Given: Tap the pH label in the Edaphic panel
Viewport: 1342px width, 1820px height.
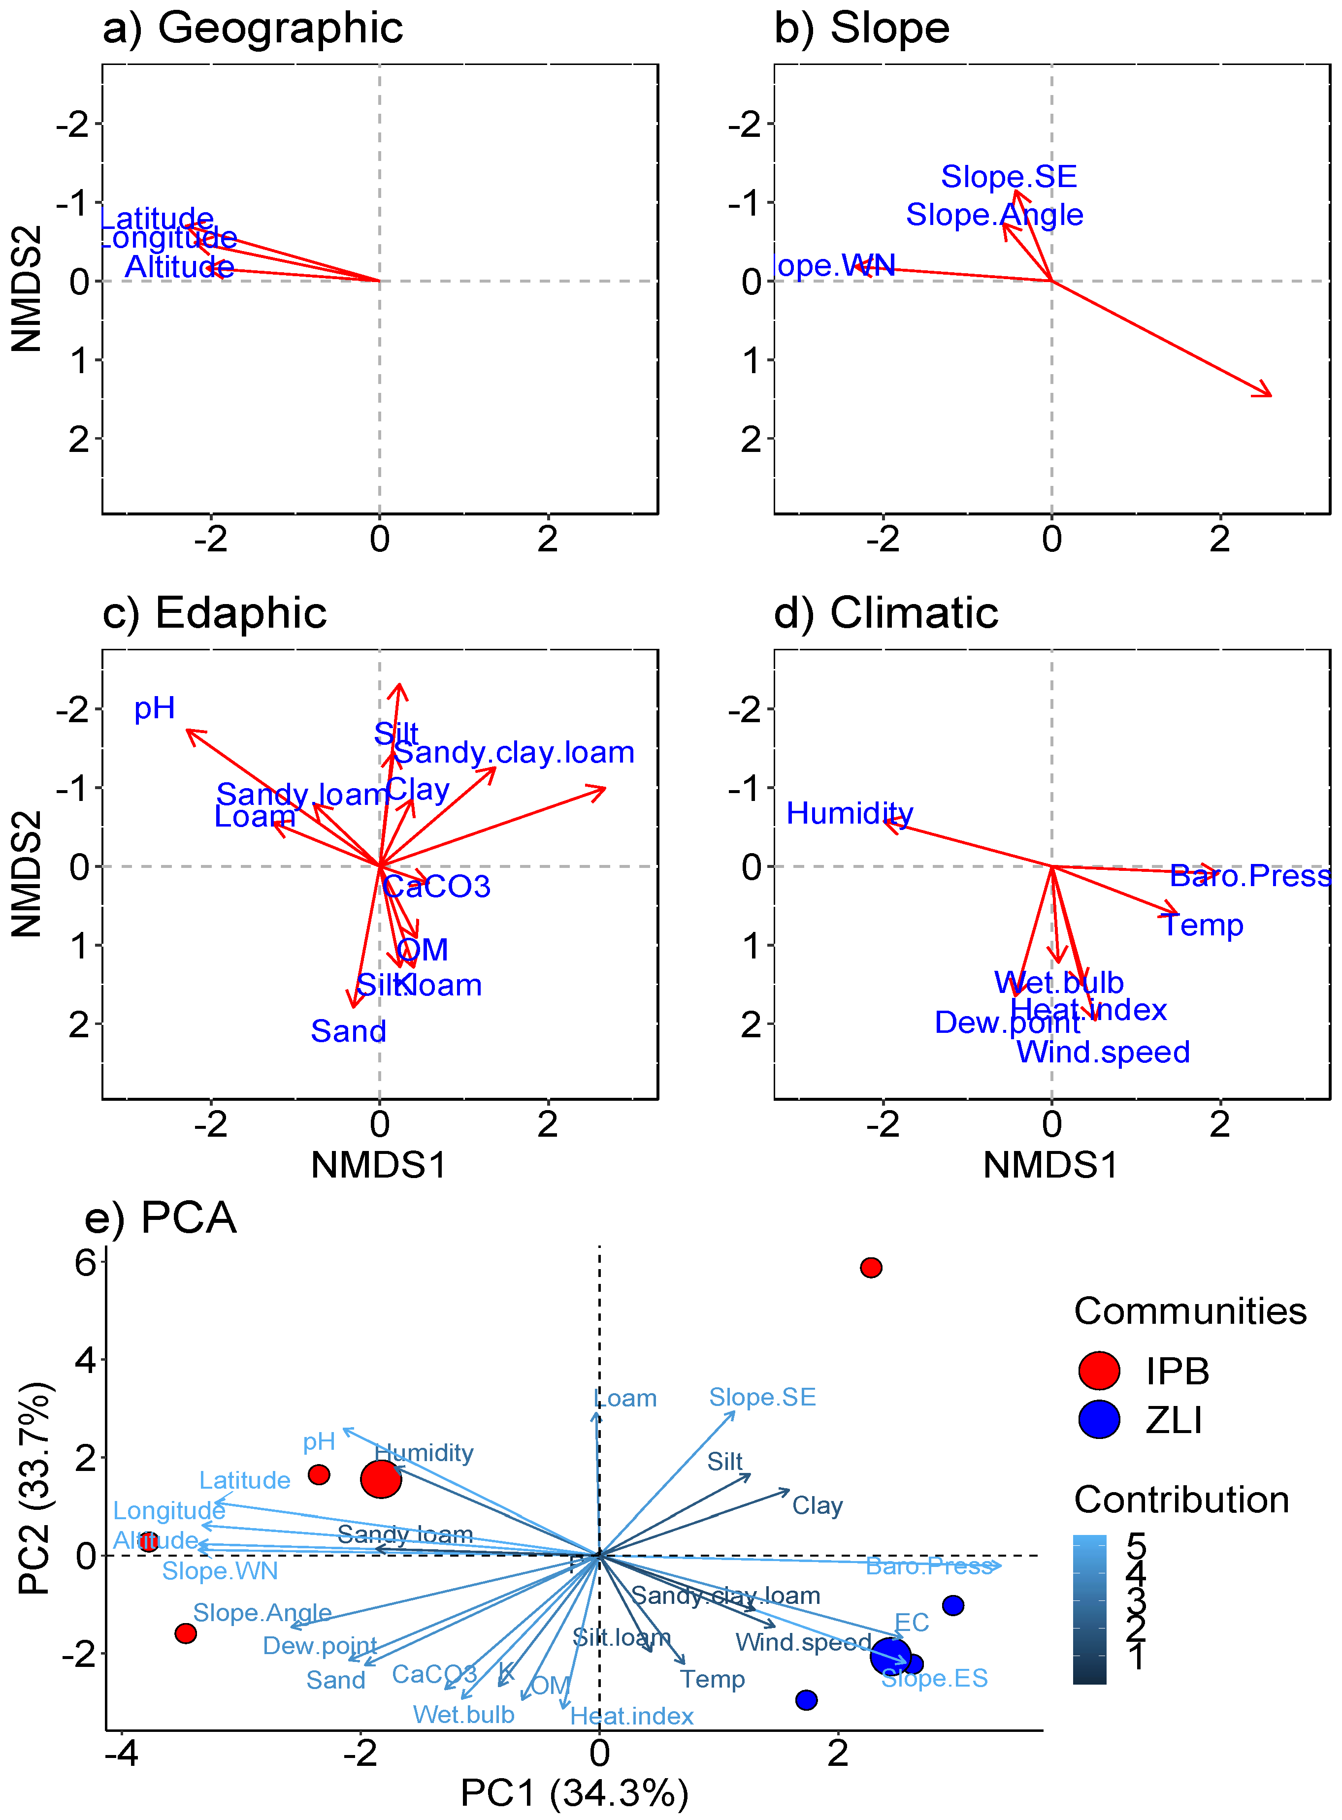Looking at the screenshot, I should [x=154, y=708].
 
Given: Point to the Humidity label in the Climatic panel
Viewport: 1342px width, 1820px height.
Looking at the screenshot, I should [x=849, y=813].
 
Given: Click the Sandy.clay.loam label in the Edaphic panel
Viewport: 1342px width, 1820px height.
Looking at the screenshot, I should [x=513, y=753].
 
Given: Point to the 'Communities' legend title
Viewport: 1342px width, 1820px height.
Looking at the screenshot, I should [x=1190, y=1311].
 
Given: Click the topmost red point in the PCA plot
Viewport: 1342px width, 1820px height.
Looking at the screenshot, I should [x=871, y=1268].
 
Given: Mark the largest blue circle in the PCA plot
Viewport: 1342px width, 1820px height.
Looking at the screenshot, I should [x=890, y=1655].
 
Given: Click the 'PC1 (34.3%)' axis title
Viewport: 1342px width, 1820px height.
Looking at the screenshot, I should [x=574, y=1793].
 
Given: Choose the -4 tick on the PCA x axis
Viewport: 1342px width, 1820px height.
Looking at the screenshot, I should [x=122, y=1754].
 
